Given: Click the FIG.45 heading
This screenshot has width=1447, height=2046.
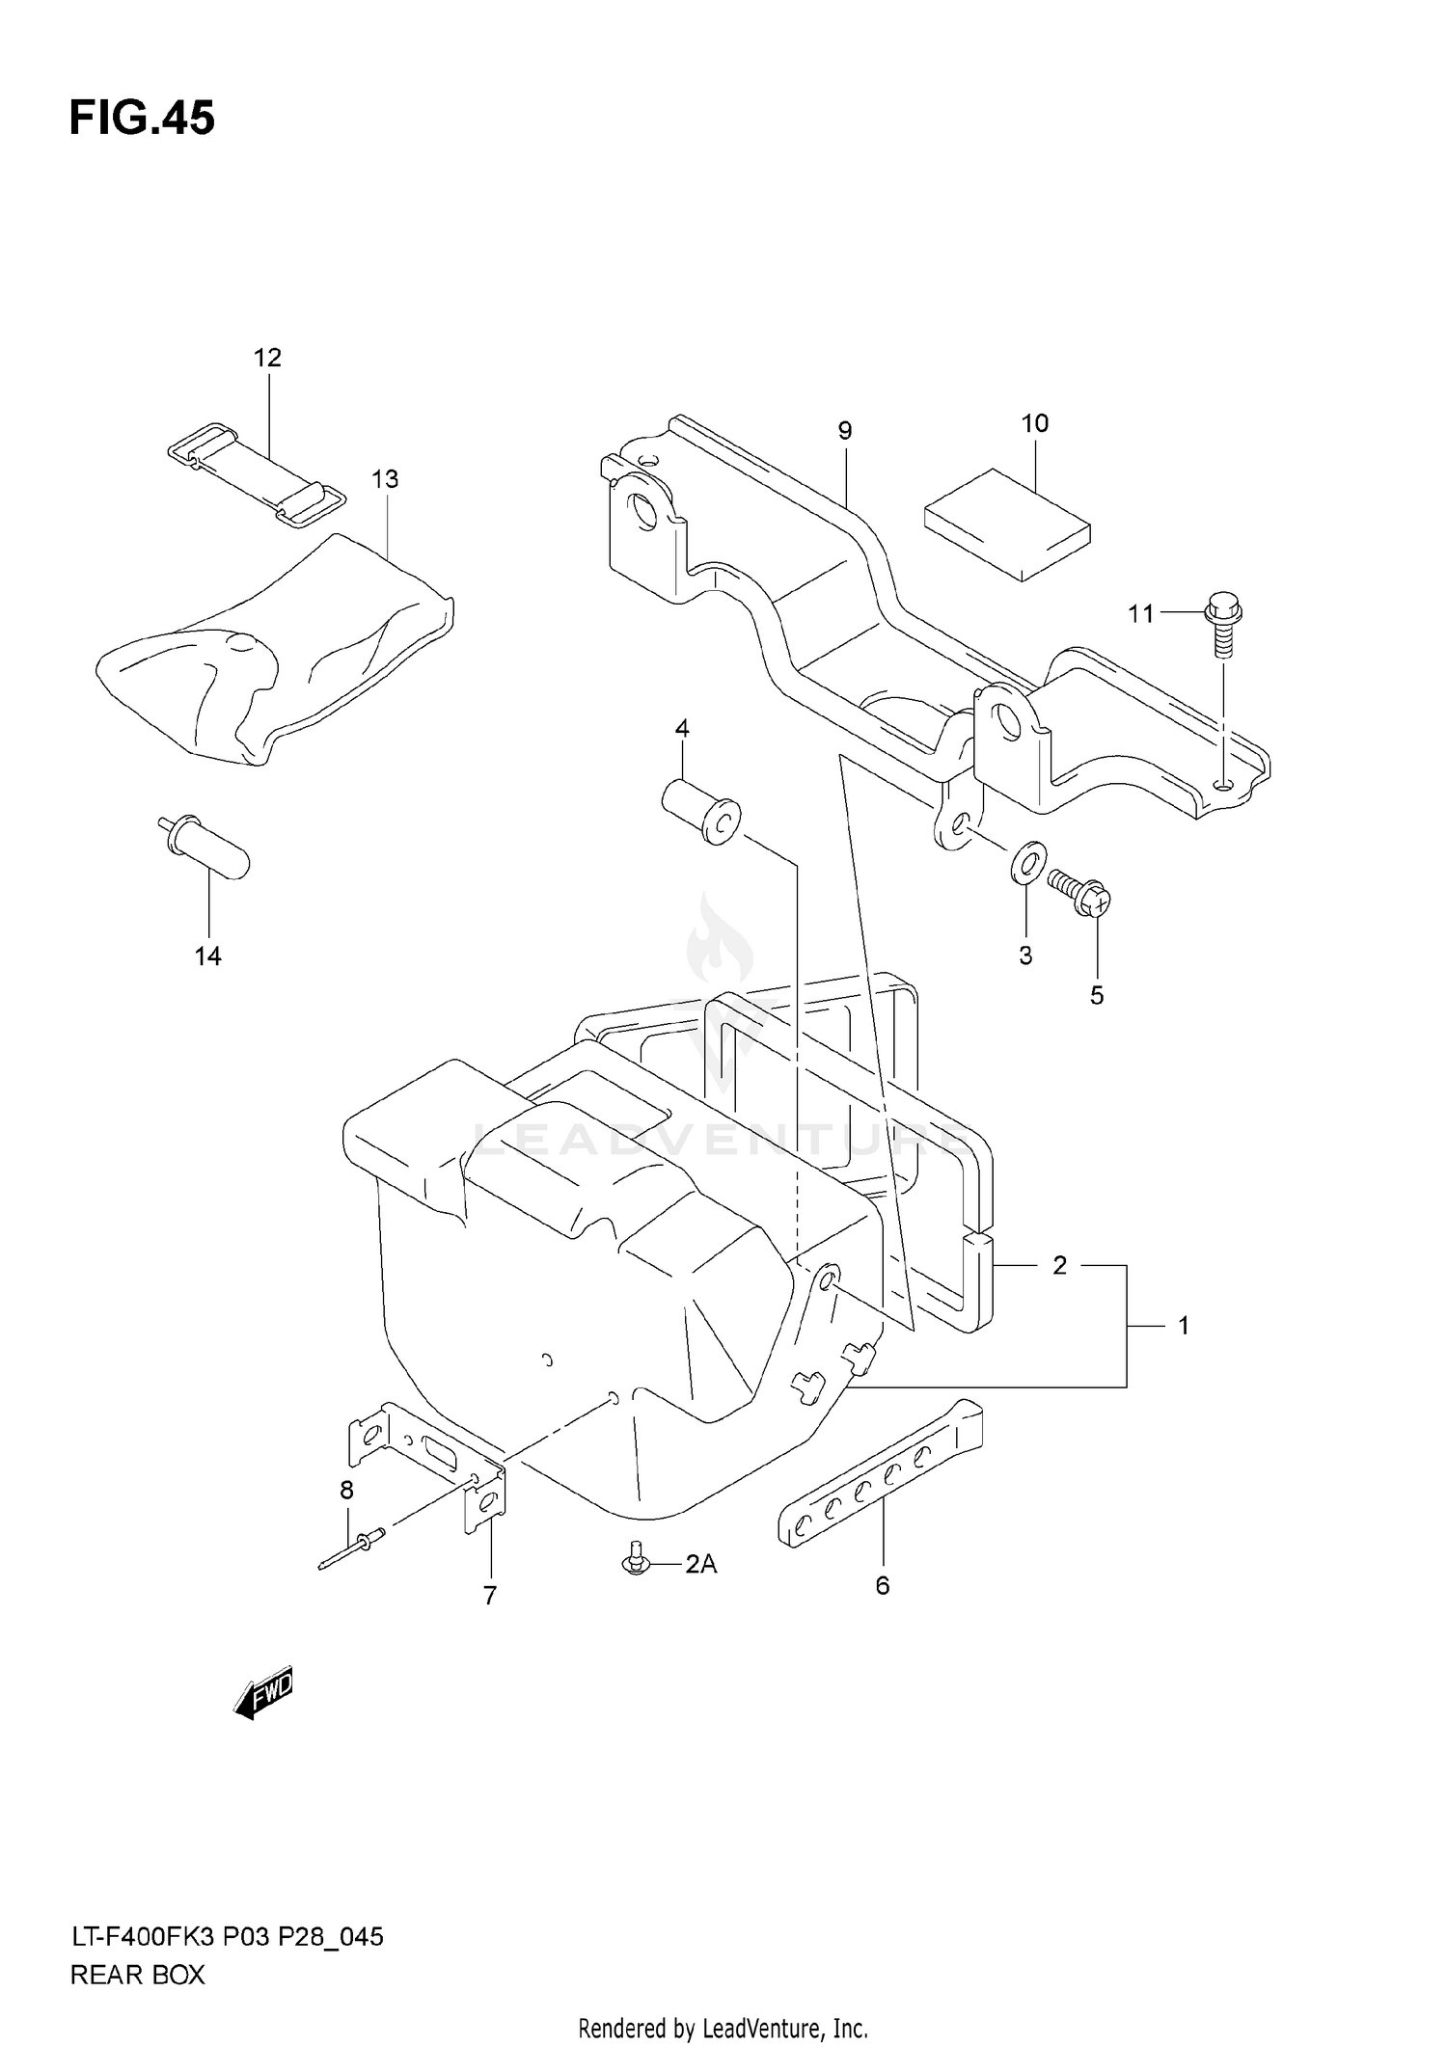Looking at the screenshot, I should click(x=142, y=120).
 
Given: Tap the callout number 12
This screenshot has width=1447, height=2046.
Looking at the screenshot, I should click(x=267, y=359).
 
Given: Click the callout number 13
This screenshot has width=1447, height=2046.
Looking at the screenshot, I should click(x=385, y=479).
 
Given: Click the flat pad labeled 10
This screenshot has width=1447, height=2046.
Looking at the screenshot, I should click(x=1007, y=524).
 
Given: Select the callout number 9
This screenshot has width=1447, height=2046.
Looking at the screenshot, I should click(x=845, y=431).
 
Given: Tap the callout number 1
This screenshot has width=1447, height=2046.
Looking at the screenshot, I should click(x=1184, y=1326).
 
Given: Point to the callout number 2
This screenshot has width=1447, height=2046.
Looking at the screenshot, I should click(x=1059, y=1265).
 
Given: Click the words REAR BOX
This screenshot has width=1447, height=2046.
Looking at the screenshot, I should click(x=138, y=1976).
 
